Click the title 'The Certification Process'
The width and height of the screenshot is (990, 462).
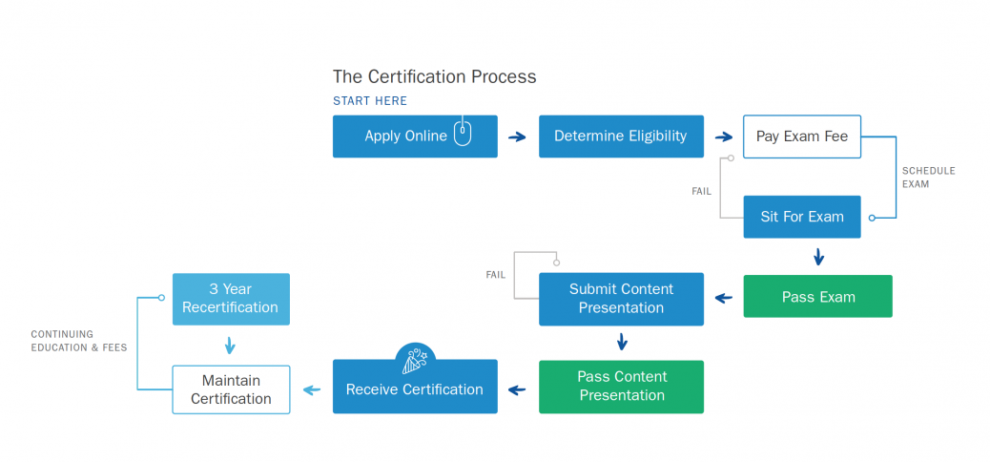pyautogui.click(x=434, y=76)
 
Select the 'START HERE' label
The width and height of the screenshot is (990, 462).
pyautogui.click(x=370, y=101)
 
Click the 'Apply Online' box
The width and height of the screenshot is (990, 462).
pyautogui.click(x=405, y=136)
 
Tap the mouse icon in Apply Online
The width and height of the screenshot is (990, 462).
pyautogui.click(x=463, y=134)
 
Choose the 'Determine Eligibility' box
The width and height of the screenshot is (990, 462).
pyautogui.click(x=620, y=136)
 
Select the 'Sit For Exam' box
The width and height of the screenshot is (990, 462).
pyautogui.click(x=802, y=217)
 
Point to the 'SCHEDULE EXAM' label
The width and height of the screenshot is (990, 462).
pyautogui.click(x=928, y=178)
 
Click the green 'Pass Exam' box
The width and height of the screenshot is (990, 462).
pyautogui.click(x=817, y=297)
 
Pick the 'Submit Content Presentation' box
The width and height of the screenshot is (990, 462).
pyautogui.click(x=621, y=299)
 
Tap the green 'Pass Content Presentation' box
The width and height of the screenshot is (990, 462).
pyautogui.click(x=621, y=387)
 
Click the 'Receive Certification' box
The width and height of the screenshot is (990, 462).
pyautogui.click(x=415, y=389)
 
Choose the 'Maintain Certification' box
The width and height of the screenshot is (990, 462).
pyautogui.click(x=231, y=389)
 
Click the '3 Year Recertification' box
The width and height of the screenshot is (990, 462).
pyautogui.click(x=231, y=299)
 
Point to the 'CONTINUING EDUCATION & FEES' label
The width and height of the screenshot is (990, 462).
pyautogui.click(x=78, y=341)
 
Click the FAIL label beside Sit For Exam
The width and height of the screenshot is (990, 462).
pyautogui.click(x=701, y=192)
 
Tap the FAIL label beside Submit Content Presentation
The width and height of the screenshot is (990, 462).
pyautogui.click(x=496, y=275)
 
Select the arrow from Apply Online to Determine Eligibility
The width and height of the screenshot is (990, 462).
pyautogui.click(x=517, y=137)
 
